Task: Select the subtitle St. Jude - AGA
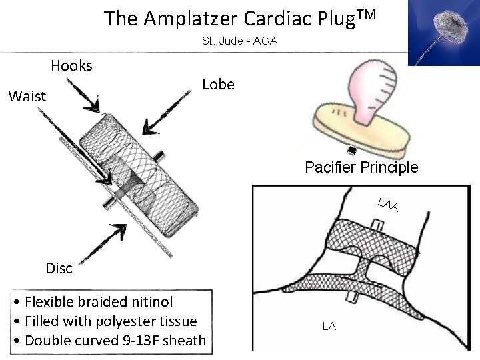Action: click(239, 41)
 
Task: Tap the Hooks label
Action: click(71, 65)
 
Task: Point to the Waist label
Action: click(27, 97)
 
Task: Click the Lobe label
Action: click(218, 85)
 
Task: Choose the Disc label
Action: click(59, 268)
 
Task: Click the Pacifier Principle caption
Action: click(361, 167)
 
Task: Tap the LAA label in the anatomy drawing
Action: click(387, 205)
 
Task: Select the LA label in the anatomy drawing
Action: click(329, 327)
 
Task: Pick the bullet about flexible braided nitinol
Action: click(93, 303)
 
